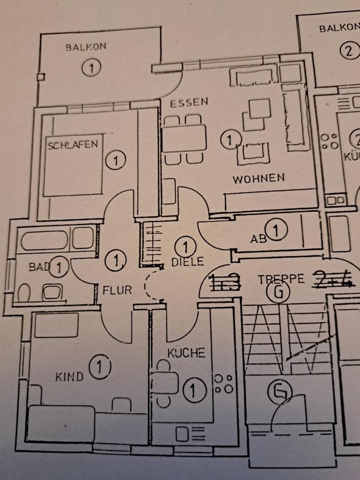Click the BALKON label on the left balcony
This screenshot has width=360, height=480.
coord(86,48)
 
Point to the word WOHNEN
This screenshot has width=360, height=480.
coord(258,177)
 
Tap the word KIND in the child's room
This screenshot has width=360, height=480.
coord(69,376)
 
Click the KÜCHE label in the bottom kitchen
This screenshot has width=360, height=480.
coord(186,353)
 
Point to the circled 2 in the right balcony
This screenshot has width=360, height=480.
coord(350,50)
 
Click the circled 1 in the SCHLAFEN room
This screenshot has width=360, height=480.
coord(115,160)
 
